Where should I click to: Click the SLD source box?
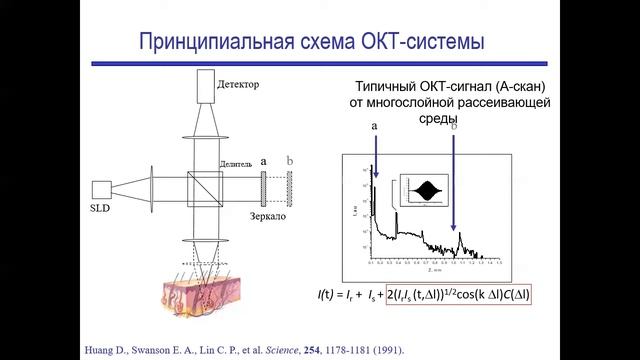(x=100, y=189)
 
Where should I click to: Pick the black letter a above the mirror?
(x=263, y=160)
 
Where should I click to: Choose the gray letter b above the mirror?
(x=290, y=160)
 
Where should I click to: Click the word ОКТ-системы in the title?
(x=424, y=42)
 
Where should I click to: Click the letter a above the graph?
(x=374, y=128)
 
